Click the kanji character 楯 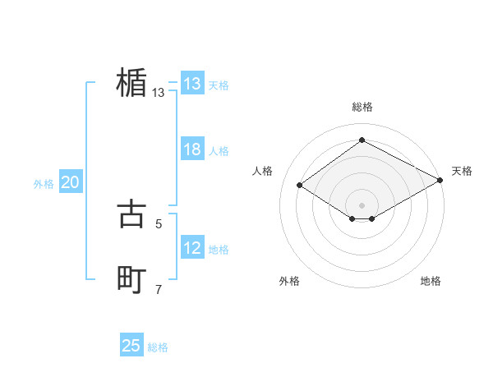[x=131, y=84]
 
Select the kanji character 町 [x=131, y=280]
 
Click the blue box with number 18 [x=192, y=149]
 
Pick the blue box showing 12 [x=192, y=248]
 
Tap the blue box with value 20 [x=70, y=182]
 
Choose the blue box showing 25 [x=131, y=346]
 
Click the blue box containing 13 [x=192, y=84]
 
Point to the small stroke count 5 [x=159, y=223]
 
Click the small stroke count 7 [x=159, y=289]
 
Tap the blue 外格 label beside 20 [x=44, y=184]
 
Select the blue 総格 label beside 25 [x=158, y=347]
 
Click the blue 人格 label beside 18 [x=219, y=151]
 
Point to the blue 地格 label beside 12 [x=219, y=250]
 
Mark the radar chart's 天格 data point [x=441, y=181]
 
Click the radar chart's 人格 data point [x=300, y=186]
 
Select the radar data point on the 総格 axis [x=362, y=140]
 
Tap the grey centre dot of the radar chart [x=362, y=204]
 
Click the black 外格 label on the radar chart [x=289, y=281]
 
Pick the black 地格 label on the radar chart [x=431, y=281]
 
